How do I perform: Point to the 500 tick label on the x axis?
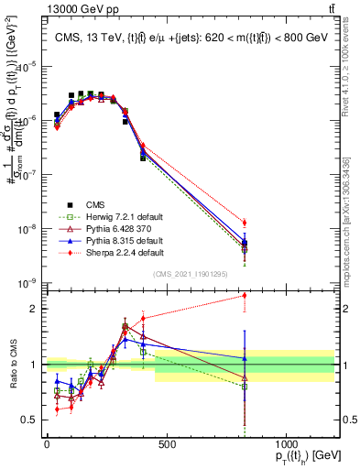point(167,444)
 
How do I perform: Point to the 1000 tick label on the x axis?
point(287,444)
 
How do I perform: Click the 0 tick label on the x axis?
point(47,444)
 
